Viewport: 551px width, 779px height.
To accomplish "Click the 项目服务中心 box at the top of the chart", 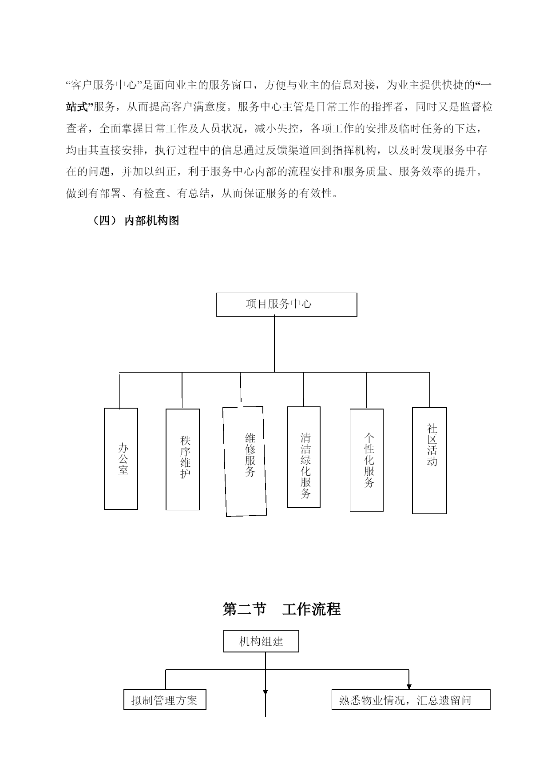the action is pos(286,304).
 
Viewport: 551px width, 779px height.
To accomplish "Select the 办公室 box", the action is pos(121,459).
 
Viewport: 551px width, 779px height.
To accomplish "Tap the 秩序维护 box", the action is pos(182,460).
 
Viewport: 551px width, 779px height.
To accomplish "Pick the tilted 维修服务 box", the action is pos(245,461).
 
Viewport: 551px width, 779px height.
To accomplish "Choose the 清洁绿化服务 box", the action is pos(304,457).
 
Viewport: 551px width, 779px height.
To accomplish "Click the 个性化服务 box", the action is pos(367,460).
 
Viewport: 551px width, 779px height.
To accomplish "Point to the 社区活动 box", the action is pos(429,461).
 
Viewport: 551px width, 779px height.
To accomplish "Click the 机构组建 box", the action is pos(261,641).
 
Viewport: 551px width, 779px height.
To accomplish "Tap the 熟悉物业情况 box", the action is pos(411,700).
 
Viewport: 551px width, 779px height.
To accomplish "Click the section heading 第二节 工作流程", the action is pos(281,609).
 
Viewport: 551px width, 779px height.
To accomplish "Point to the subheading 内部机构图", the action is pos(152,220).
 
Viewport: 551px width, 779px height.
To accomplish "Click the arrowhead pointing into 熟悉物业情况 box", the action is pos(409,686).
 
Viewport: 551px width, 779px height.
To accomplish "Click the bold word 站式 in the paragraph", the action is pos(78,107).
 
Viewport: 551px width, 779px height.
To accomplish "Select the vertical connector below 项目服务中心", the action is pos(274,344).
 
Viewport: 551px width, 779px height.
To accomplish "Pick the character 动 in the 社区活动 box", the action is pos(432,461).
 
